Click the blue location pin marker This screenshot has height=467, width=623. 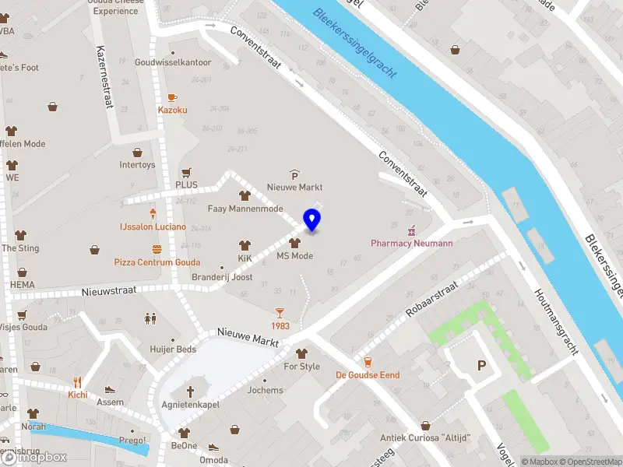coord(311,220)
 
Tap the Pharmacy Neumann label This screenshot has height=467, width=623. coord(411,243)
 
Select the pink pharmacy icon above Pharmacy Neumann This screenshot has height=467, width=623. coord(412,230)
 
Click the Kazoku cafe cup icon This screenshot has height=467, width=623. coord(172,97)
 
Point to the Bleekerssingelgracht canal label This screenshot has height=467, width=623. coord(355,44)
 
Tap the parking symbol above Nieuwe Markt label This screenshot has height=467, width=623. coord(294,175)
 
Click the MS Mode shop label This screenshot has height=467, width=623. coord(294,256)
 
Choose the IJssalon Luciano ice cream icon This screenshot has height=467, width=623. coord(153,212)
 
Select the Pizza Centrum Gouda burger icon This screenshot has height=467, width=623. coord(157,250)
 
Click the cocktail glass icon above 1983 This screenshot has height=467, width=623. coord(280,312)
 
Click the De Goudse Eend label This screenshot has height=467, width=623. coord(368,375)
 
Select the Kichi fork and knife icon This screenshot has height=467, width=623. coord(77,381)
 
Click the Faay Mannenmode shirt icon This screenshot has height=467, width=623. coord(245,196)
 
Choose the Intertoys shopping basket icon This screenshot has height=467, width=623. coord(137,153)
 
